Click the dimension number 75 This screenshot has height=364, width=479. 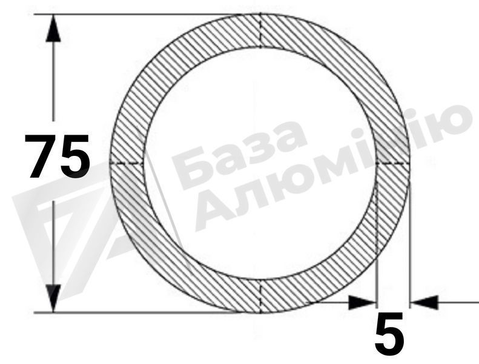tap(57, 156)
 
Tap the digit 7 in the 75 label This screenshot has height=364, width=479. tap(41, 156)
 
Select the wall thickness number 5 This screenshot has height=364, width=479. tap(389, 334)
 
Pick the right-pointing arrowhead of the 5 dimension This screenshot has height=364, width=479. tap(362, 303)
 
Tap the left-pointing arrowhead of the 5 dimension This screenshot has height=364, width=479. tap(424, 303)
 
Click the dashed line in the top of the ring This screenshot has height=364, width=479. tap(260, 30)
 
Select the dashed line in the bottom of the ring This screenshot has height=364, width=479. tap(260, 296)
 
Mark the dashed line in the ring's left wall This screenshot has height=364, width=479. tap(127, 164)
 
